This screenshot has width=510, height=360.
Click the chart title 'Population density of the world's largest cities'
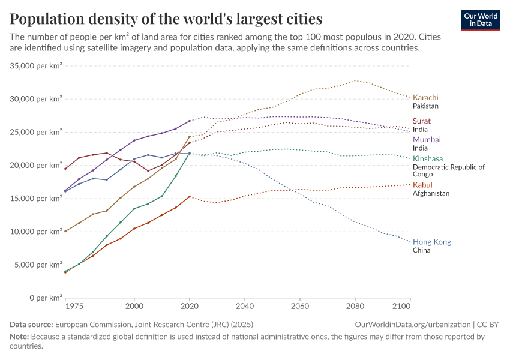coord(166,19)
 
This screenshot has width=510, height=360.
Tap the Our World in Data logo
coord(480,20)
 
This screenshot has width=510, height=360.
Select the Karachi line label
coord(425,98)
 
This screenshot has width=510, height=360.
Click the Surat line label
coord(422,121)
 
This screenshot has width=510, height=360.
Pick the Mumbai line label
coord(427,139)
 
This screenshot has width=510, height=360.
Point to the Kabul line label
coord(422,185)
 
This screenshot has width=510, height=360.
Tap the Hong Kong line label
coord(432,242)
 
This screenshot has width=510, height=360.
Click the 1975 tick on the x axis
coord(75,307)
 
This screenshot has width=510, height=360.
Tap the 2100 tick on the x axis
coord(401,307)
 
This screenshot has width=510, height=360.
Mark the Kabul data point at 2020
coord(190,196)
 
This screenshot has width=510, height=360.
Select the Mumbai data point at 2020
coord(190,121)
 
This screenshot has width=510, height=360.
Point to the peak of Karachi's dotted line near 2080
coord(355,80)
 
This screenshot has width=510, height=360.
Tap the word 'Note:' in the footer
coord(20,337)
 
